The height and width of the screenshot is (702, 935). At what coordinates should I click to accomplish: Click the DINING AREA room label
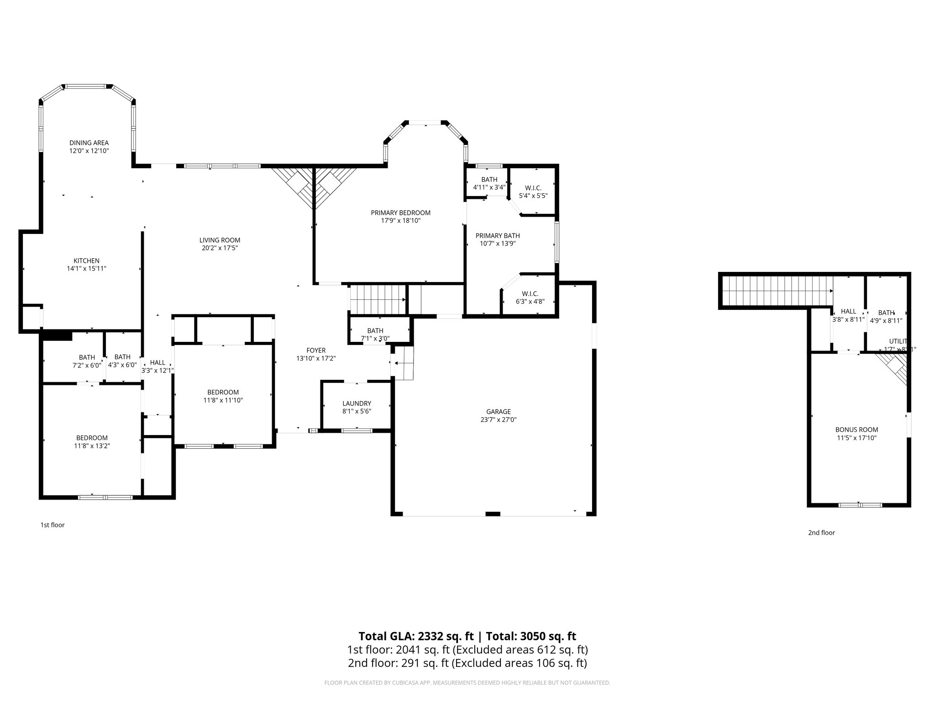coord(89,143)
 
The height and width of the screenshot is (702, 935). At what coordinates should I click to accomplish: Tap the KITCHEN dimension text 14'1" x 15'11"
coord(87,269)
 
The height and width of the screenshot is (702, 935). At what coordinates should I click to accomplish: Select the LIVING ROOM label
coord(220,240)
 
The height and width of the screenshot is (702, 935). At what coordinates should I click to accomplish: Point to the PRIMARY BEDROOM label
coord(400,213)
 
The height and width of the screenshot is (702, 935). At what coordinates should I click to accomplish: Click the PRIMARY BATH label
coord(498,235)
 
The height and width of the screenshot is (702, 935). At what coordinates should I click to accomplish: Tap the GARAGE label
coord(498,411)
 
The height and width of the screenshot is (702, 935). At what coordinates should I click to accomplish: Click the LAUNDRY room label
coord(357,403)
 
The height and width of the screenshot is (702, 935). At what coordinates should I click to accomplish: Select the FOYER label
coord(316,351)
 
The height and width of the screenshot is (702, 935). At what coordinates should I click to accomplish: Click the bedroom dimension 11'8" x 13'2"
coord(92,446)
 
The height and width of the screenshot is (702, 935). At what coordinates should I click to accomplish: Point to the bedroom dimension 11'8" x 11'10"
coord(223,400)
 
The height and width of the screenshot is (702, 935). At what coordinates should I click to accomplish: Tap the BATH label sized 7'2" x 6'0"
coord(87,357)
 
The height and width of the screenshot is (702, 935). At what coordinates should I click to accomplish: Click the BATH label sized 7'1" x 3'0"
coord(375,330)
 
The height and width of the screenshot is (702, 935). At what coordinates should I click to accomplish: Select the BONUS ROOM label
coord(856,430)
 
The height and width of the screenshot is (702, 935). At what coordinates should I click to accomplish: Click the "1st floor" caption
coord(53,525)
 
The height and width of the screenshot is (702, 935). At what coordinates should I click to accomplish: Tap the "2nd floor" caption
coord(821,532)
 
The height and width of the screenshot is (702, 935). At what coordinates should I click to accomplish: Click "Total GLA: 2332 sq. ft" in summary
coord(417,636)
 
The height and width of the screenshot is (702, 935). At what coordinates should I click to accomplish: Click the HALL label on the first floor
coord(158,362)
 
